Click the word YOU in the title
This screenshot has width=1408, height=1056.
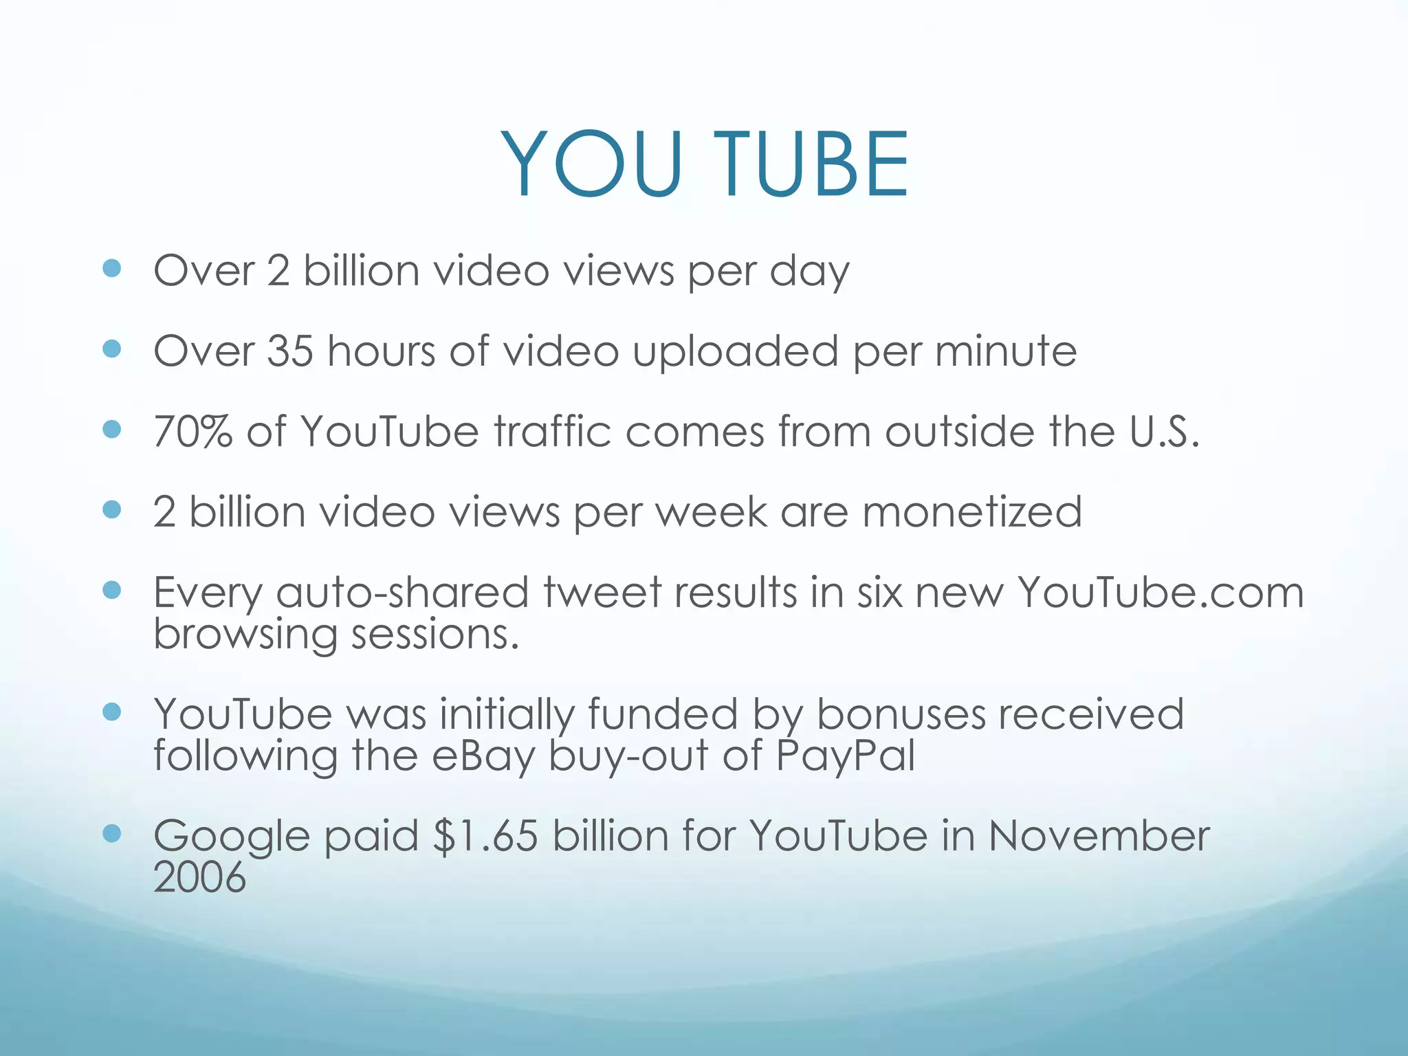tap(592, 165)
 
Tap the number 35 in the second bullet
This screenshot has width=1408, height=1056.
tap(289, 351)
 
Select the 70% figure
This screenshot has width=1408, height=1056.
tap(193, 432)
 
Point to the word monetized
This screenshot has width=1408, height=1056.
tap(972, 512)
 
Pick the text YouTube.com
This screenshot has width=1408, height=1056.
tap(1160, 593)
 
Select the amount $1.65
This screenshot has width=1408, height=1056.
tap(485, 837)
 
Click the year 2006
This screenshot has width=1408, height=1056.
tap(199, 878)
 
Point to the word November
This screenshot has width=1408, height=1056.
tap(1099, 837)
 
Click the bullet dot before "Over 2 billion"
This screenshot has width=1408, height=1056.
tap(111, 268)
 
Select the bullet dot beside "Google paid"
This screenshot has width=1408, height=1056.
tap(111, 835)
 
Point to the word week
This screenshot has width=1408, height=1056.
tap(712, 512)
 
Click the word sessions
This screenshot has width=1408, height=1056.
tap(434, 634)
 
